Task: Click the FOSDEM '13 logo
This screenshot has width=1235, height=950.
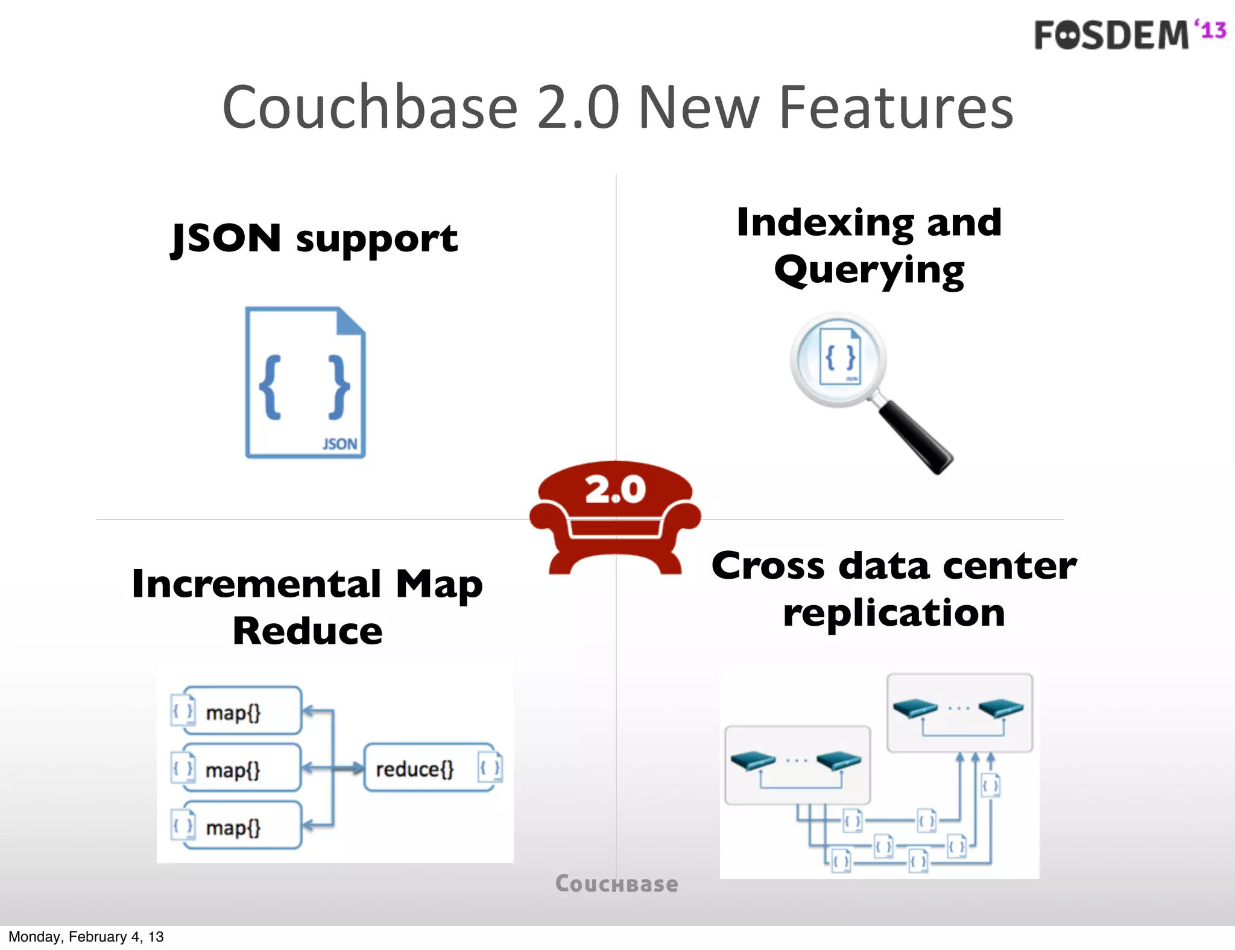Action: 1129,34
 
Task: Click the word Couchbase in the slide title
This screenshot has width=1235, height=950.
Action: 370,108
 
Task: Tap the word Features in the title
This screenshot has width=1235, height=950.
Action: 896,108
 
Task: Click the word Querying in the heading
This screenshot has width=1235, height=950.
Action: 869,271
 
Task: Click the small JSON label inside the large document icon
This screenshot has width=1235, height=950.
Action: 340,444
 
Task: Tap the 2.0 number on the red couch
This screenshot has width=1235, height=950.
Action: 615,489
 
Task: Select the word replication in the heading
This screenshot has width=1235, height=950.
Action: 894,613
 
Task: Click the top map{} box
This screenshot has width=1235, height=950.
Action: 241,711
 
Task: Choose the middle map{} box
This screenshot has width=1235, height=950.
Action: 241,769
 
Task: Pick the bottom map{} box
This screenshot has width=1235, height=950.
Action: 241,826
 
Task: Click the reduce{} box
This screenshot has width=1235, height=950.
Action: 428,769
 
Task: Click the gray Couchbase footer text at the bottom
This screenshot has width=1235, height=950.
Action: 616,884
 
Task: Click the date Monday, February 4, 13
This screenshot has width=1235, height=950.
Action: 86,937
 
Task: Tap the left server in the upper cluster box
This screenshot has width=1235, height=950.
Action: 915,708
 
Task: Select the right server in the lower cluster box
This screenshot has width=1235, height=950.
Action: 838,761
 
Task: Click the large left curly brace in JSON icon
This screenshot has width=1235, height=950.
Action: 271,387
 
